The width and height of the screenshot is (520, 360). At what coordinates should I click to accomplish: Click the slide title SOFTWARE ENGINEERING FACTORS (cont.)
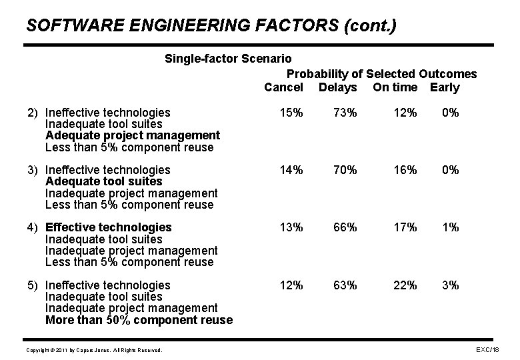click(211, 26)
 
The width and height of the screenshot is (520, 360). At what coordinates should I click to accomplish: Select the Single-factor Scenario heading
click(228, 59)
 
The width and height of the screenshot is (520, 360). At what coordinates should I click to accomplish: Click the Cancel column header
click(283, 87)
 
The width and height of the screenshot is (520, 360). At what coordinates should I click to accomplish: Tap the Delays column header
click(338, 87)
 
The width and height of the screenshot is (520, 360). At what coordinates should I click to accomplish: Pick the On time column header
click(395, 87)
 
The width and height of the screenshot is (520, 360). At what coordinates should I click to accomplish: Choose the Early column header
click(445, 87)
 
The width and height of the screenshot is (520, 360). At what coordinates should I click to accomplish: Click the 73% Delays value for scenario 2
click(345, 113)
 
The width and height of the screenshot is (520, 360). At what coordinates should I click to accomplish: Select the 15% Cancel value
click(291, 113)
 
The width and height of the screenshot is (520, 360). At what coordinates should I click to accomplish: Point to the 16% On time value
click(405, 170)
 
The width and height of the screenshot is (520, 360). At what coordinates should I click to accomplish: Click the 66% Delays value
click(345, 227)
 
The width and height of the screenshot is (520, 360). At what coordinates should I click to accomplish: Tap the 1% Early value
click(451, 227)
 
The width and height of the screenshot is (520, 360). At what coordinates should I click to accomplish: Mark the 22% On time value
click(405, 285)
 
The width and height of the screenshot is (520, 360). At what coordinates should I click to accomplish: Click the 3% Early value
click(451, 285)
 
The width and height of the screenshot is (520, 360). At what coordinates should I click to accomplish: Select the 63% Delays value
click(345, 285)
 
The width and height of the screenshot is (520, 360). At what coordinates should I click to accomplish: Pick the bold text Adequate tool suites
click(103, 181)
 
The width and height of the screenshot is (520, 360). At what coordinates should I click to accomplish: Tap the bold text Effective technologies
click(108, 227)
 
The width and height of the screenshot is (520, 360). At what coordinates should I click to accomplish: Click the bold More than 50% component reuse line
click(139, 320)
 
